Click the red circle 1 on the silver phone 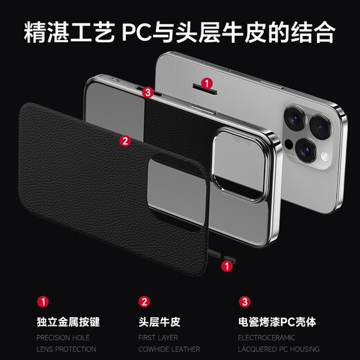tap(207, 83)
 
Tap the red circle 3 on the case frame tap(147, 92)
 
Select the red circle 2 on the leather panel tap(125, 141)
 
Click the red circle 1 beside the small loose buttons tap(227, 266)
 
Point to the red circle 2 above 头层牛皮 tap(144, 302)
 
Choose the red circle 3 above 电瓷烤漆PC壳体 tap(244, 302)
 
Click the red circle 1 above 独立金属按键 tap(43, 302)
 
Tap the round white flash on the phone tap(325, 157)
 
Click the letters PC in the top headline tap(136, 33)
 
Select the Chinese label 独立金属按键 tap(69, 322)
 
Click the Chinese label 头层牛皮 tap(159, 322)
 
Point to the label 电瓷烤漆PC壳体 tap(277, 322)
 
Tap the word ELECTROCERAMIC tap(267, 338)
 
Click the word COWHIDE tap(153, 349)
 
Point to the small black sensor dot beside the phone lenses tap(289, 144)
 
